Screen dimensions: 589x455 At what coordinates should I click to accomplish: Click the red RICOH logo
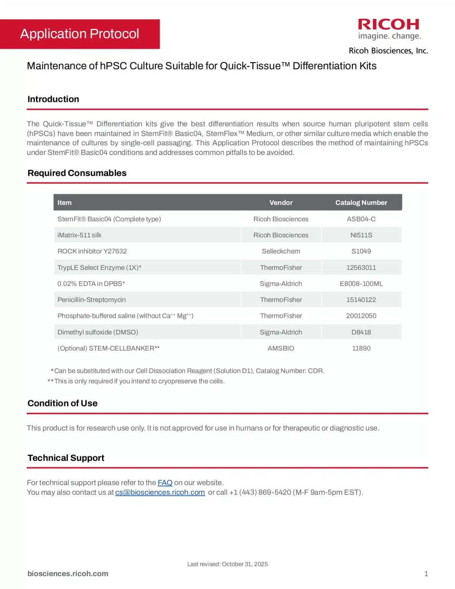click(x=388, y=25)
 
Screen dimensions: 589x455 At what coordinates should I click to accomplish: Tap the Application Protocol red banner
click(x=80, y=34)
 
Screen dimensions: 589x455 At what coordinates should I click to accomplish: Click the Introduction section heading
click(x=53, y=99)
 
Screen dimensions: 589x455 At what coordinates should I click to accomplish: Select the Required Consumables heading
click(x=77, y=173)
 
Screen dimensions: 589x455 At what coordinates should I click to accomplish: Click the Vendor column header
click(x=281, y=203)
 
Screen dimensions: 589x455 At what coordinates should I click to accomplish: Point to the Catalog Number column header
click(x=361, y=203)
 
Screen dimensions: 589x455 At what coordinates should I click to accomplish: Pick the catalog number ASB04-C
click(x=361, y=219)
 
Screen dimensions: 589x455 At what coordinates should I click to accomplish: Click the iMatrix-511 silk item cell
click(x=79, y=235)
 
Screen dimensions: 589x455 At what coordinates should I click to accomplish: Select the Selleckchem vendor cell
click(x=281, y=252)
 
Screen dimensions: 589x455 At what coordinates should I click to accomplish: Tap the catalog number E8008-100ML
click(x=361, y=284)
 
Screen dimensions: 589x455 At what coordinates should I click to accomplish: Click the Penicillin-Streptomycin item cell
click(x=92, y=300)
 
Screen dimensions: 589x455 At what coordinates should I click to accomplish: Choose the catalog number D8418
click(x=361, y=332)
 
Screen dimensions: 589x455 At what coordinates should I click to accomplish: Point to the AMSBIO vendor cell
click(x=281, y=349)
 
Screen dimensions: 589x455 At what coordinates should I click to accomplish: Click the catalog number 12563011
click(x=361, y=268)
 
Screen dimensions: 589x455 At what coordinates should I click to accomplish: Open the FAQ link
click(x=165, y=483)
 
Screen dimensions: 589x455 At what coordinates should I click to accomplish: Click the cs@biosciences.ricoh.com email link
click(x=160, y=492)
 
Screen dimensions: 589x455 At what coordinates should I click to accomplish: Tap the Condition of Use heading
click(x=62, y=403)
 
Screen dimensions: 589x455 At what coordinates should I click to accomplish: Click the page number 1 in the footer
click(x=426, y=574)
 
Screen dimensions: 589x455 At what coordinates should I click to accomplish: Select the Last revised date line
click(x=227, y=564)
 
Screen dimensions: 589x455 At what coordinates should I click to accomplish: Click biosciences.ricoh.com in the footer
click(x=68, y=574)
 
